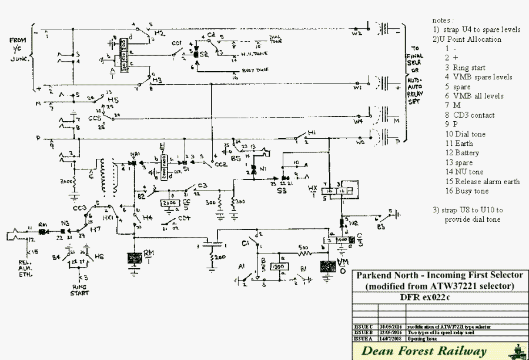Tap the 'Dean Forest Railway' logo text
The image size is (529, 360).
(x=424, y=352)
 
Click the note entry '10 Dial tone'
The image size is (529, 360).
(x=466, y=134)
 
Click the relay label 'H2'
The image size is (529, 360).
(x=159, y=34)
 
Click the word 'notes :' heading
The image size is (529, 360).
(x=444, y=20)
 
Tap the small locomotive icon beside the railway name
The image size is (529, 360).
(x=516, y=352)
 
